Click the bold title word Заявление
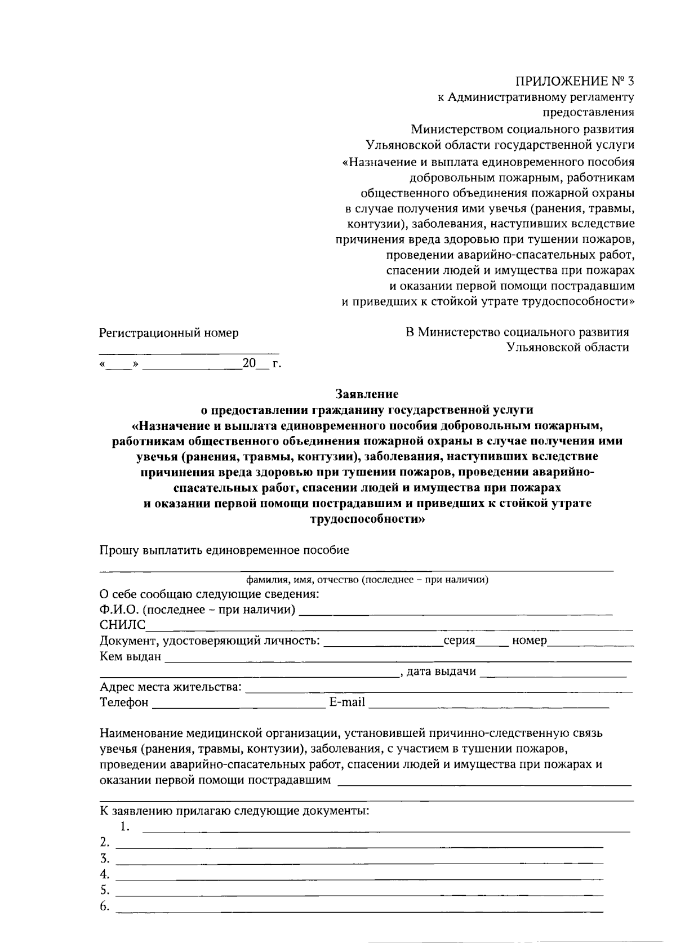367,394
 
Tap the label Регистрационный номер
169,333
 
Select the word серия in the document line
459,641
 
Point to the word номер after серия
530,641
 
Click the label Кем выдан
130,656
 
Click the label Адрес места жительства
171,687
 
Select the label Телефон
124,703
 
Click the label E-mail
347,703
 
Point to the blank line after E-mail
488,705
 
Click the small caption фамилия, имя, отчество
367,580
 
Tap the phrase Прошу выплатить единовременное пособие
224,550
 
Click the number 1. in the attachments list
125,827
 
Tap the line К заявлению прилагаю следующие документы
234,812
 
